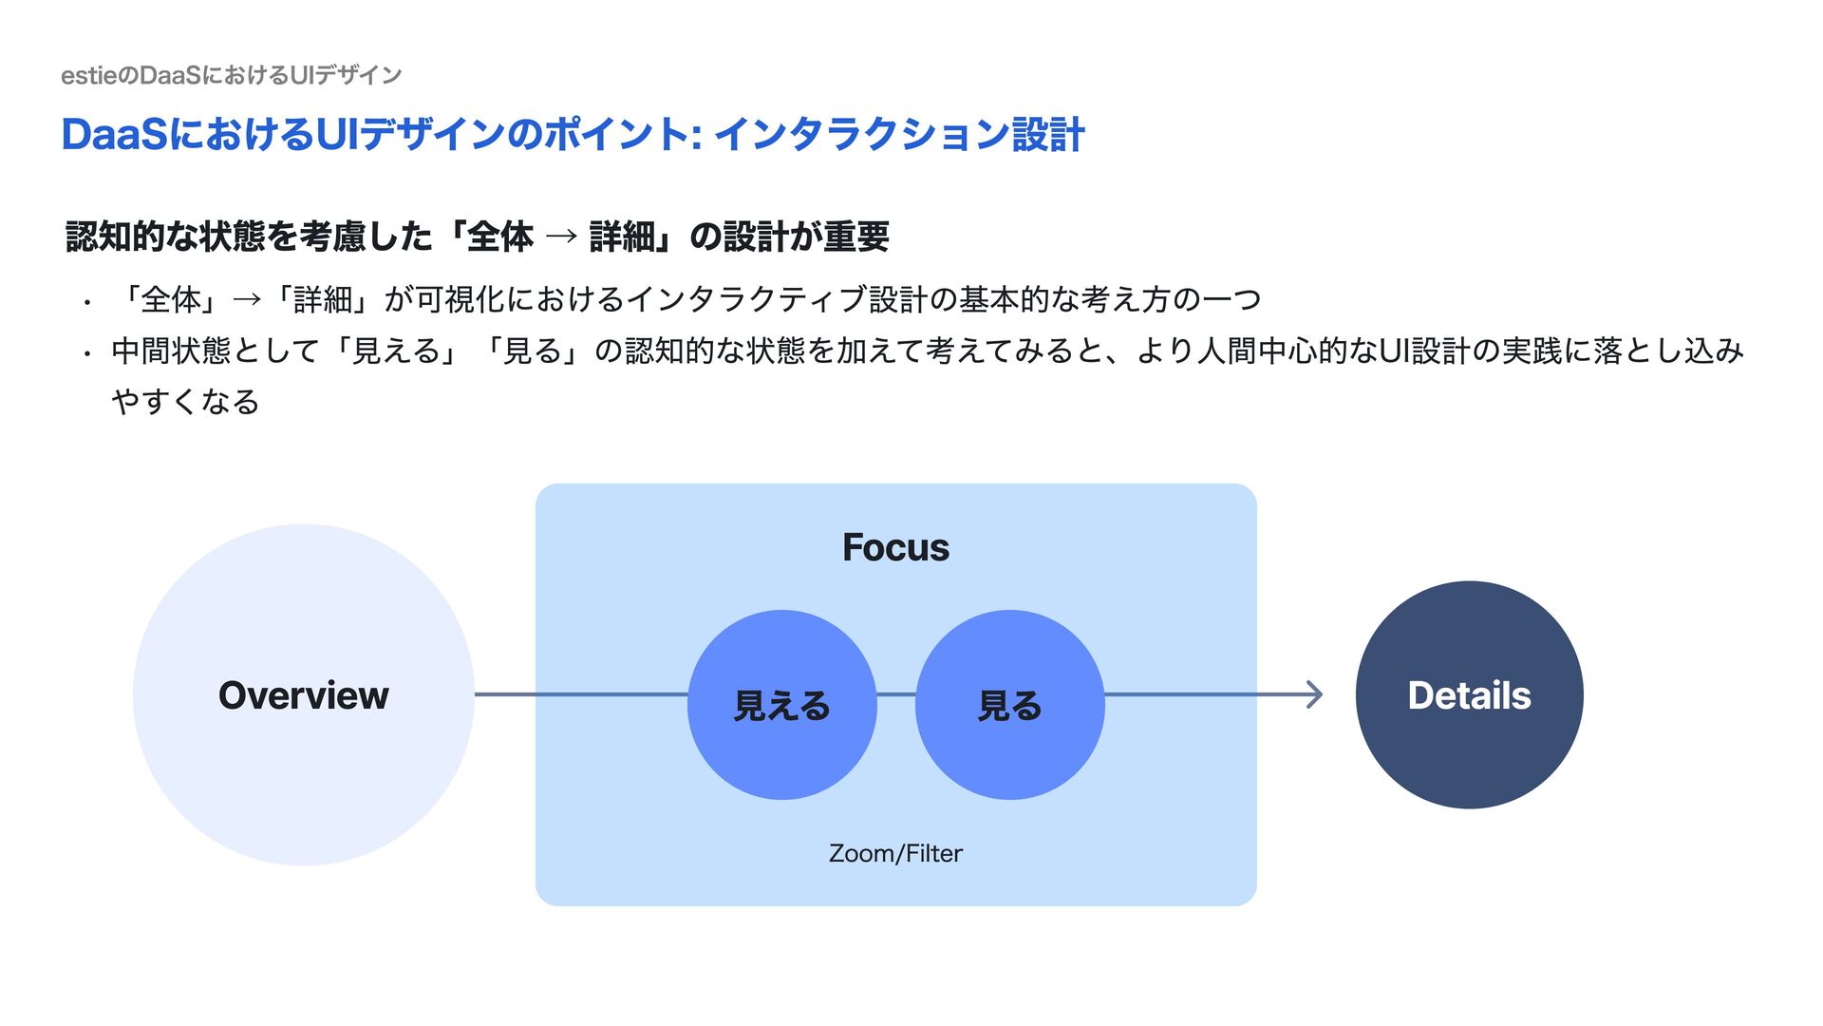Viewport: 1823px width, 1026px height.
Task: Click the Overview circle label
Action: click(304, 695)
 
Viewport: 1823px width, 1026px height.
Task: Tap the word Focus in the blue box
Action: click(895, 547)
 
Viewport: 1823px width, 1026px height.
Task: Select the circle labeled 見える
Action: click(781, 705)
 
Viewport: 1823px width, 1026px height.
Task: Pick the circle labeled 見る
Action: click(1009, 705)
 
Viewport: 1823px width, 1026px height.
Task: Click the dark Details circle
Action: click(1469, 695)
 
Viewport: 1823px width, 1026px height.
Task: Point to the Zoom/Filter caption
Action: click(895, 853)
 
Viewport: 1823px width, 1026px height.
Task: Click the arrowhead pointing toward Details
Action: click(1315, 694)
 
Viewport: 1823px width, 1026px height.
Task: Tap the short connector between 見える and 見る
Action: click(895, 694)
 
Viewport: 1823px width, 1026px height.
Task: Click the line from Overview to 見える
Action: click(579, 694)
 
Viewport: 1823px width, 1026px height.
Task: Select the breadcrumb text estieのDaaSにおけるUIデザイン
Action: click(232, 75)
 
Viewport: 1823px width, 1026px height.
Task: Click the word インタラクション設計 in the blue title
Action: click(898, 134)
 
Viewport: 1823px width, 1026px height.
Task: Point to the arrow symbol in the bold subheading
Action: click(561, 237)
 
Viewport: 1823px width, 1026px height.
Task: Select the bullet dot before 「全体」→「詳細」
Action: click(86, 303)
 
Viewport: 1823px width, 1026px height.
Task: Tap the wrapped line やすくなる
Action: click(185, 402)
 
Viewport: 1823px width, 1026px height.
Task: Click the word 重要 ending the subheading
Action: click(856, 237)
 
